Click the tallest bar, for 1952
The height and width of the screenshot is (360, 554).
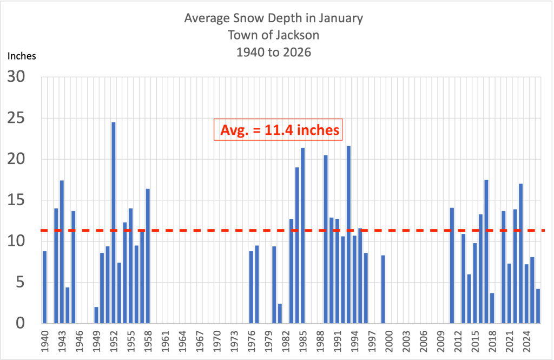click(114, 222)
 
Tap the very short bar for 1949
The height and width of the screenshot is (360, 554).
click(96, 315)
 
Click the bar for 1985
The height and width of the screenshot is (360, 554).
click(303, 235)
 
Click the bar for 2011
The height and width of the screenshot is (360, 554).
click(452, 265)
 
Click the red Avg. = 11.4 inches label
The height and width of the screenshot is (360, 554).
click(280, 130)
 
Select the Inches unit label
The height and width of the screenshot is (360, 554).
click(22, 56)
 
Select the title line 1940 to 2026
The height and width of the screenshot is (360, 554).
click(274, 52)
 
